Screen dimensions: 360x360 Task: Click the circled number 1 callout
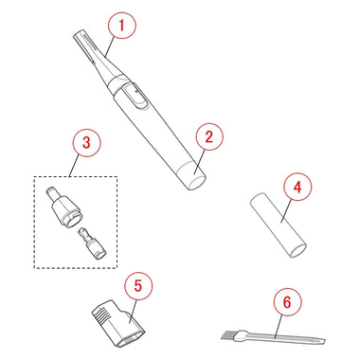click(x=122, y=25)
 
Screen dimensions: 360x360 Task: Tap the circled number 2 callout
click(x=209, y=137)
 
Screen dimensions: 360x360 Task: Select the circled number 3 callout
click(x=86, y=142)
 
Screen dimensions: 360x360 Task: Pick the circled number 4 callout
click(x=297, y=187)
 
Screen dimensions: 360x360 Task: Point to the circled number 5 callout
click(x=138, y=286)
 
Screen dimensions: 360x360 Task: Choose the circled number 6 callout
click(x=287, y=302)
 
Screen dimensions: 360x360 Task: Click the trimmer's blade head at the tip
click(x=84, y=45)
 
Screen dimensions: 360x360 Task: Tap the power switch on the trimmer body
click(x=135, y=97)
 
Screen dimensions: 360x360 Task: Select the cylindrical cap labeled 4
click(x=279, y=225)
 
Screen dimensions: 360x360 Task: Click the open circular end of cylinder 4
click(x=298, y=249)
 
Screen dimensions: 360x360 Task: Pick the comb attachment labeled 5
click(x=118, y=323)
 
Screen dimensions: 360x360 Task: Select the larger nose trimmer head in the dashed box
click(x=63, y=207)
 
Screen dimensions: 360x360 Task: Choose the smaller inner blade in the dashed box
click(x=93, y=243)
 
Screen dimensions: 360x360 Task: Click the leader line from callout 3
click(x=74, y=166)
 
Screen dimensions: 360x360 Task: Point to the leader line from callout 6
click(x=279, y=327)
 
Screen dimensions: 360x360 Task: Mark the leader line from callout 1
click(x=109, y=46)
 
